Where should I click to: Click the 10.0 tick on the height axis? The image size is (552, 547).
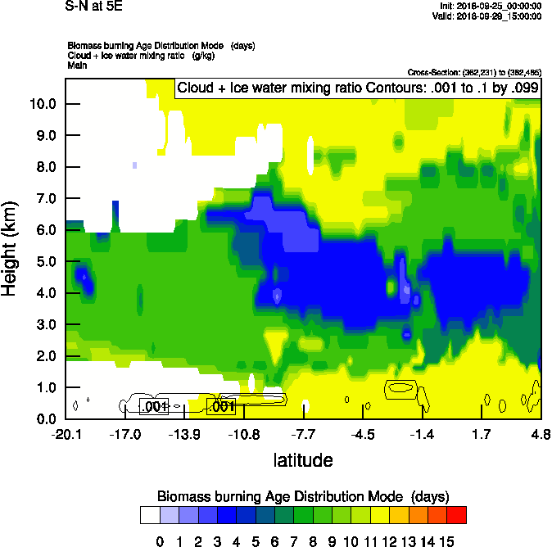coord(43,104)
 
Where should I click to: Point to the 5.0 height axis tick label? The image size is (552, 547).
coord(45,262)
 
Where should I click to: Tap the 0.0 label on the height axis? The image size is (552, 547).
coord(45,419)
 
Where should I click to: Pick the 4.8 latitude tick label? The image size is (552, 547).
coord(540,434)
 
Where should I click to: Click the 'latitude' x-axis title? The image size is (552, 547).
coord(303,460)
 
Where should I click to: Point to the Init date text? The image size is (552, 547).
coord(491,6)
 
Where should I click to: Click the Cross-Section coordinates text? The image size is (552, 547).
coord(473,73)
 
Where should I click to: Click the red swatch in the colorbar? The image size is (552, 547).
coord(457,514)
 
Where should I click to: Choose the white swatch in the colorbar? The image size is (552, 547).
coord(150,514)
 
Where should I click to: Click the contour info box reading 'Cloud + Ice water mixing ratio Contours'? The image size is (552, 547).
coord(358,88)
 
